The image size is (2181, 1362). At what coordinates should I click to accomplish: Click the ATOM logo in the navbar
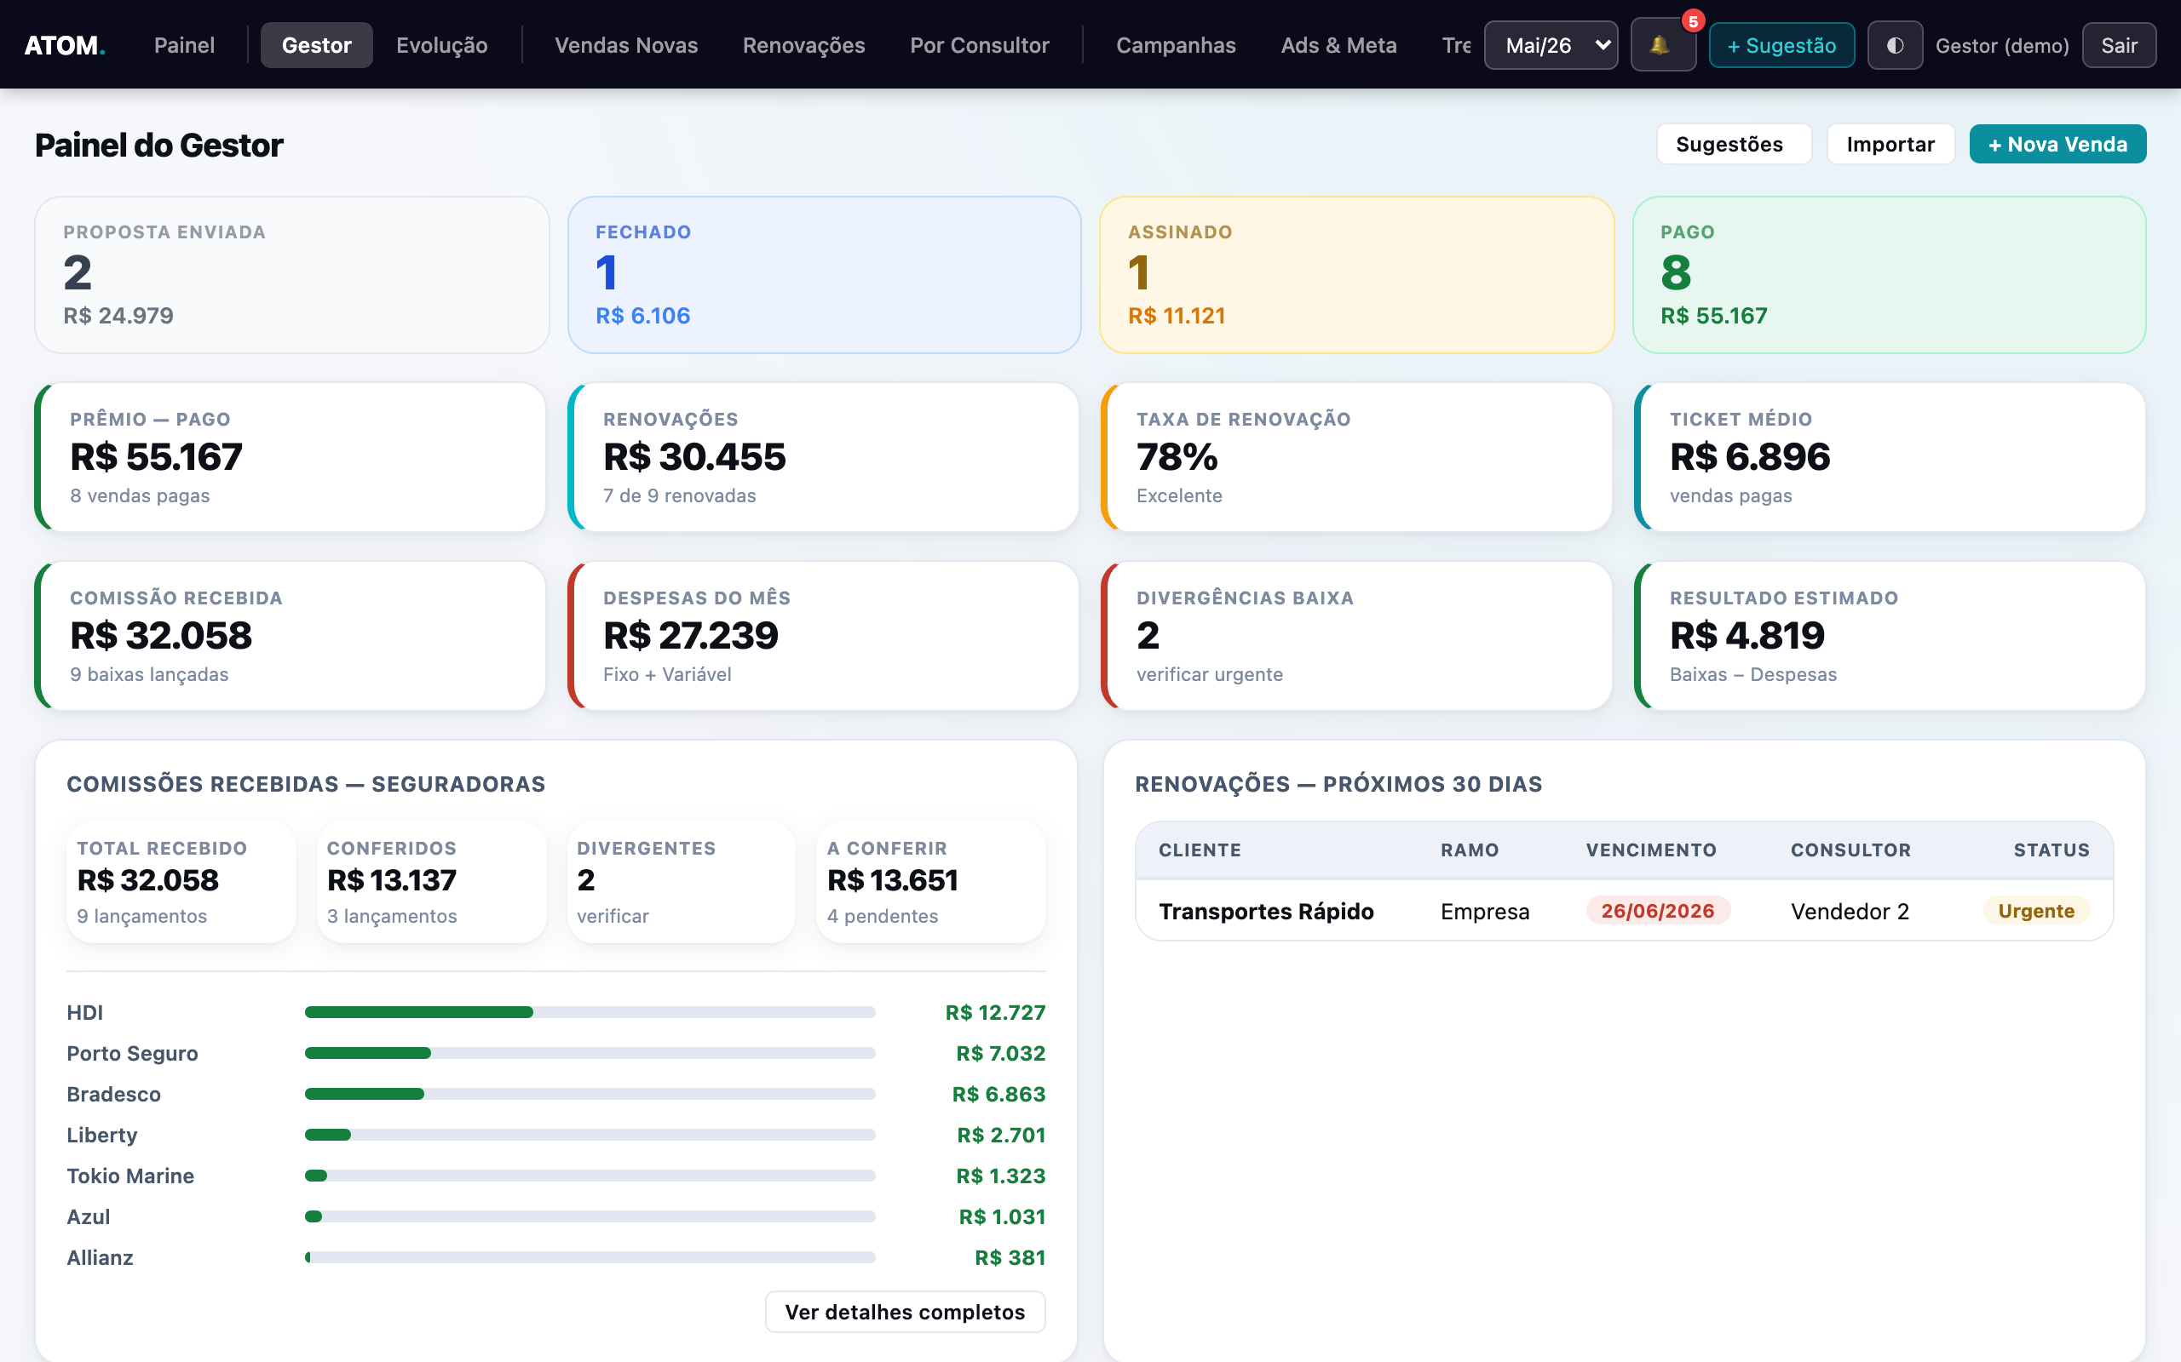pos(65,45)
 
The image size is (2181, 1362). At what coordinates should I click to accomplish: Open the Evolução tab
pos(441,45)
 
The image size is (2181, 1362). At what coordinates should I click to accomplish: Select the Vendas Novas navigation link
pos(626,45)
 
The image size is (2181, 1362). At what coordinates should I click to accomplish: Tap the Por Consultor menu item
pos(980,45)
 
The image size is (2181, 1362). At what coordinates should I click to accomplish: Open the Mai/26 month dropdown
pos(1551,45)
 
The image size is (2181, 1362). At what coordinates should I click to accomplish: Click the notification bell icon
pos(1660,45)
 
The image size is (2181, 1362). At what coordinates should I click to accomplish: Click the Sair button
pos(2119,45)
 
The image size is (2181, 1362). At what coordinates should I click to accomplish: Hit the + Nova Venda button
pos(2057,144)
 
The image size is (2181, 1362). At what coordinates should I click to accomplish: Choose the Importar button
pos(1890,144)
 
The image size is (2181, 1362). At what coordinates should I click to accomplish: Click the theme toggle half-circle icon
pos(1896,45)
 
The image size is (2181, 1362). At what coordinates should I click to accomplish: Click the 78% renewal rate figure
pos(1177,457)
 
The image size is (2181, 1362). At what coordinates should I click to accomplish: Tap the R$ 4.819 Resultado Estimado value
pos(1747,635)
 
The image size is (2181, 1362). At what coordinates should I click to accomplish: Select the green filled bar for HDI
pos(419,1012)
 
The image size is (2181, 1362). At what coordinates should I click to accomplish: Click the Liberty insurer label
pos(102,1135)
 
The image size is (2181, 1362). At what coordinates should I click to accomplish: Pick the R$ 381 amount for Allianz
pos(1010,1257)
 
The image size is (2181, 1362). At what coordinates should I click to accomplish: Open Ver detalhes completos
pos(905,1312)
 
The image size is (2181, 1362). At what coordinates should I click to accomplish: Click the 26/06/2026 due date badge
pos(1658,911)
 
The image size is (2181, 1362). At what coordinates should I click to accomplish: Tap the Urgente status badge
pos(2036,911)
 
